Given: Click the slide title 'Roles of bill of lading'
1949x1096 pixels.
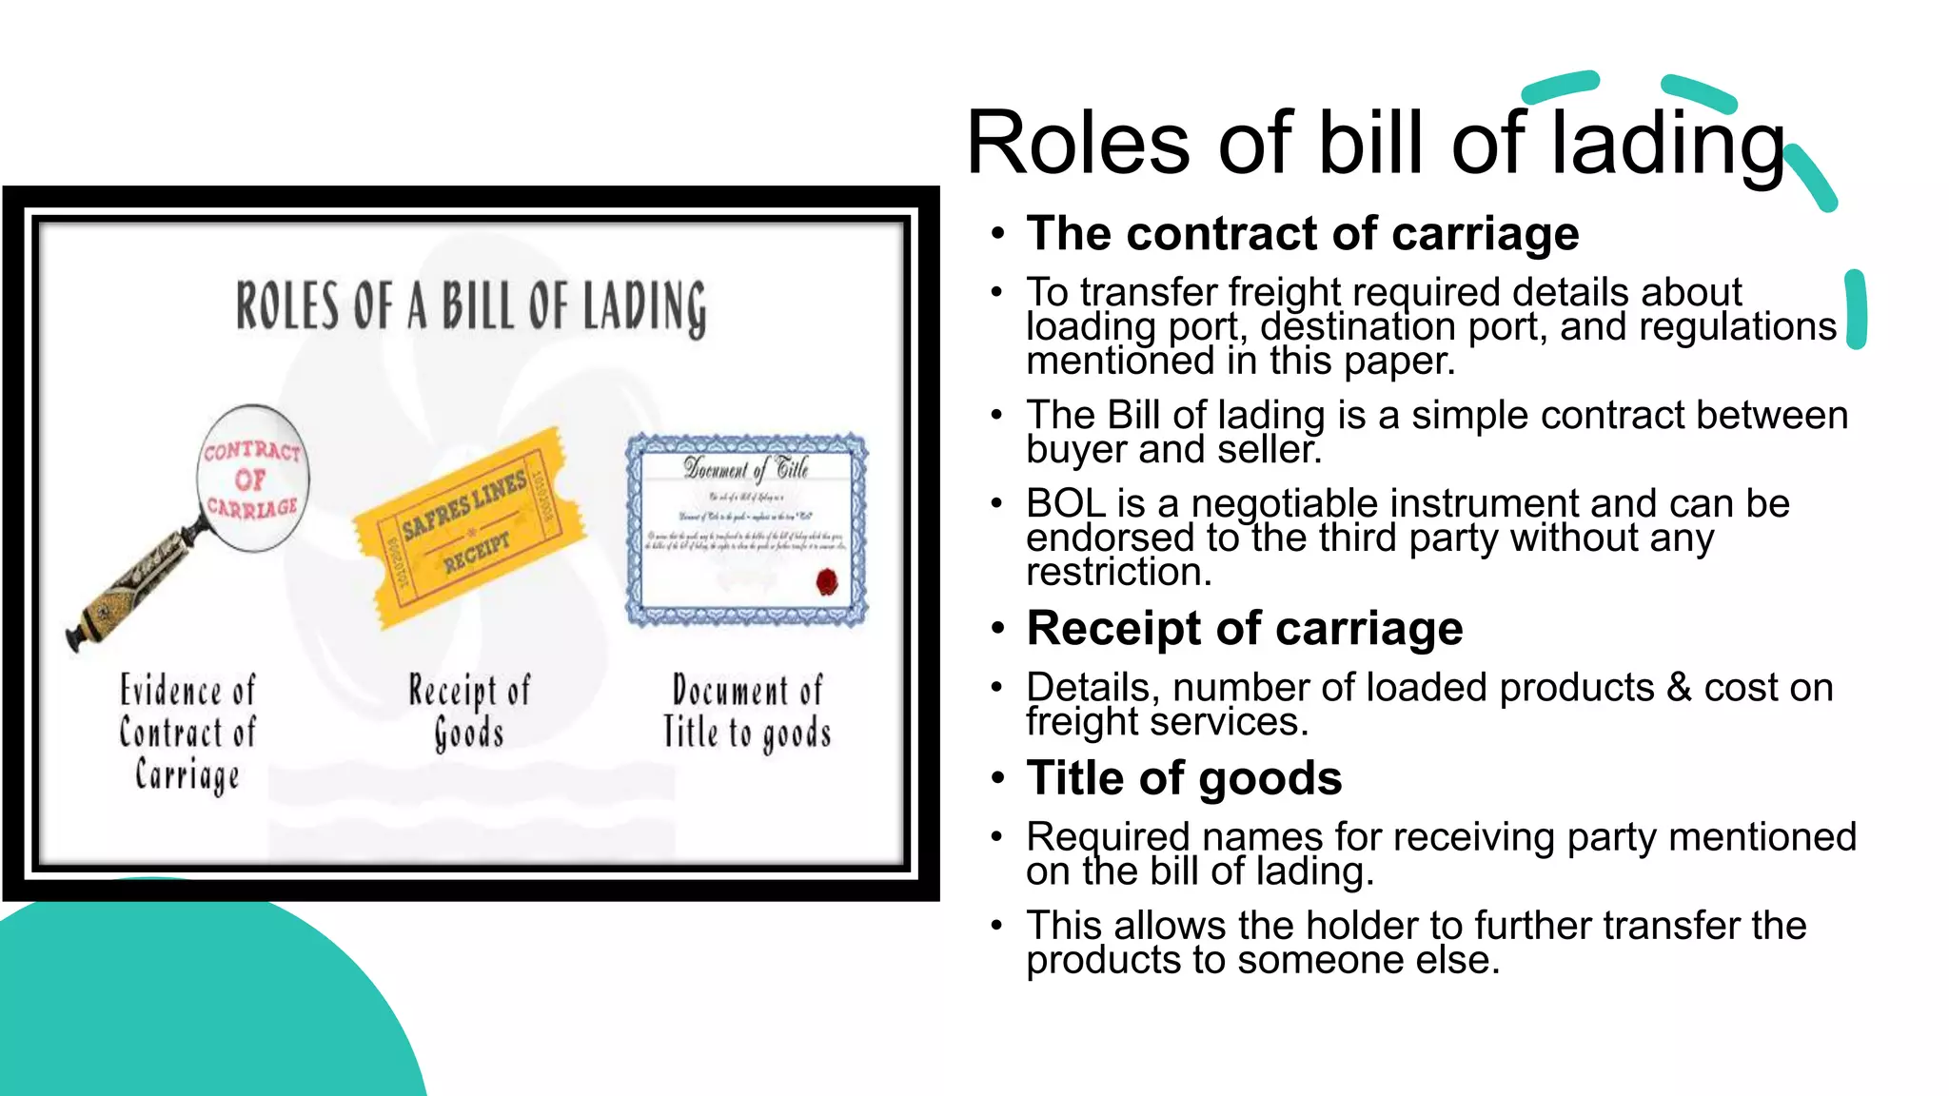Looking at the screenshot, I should (x=1374, y=143).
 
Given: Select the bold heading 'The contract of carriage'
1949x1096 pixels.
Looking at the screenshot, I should (x=1302, y=233).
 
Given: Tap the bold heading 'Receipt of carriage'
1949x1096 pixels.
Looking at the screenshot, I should (x=1244, y=628).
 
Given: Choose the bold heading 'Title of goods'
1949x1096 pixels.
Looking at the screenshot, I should (x=1184, y=777).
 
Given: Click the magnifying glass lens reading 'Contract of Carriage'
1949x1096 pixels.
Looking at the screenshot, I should (x=252, y=479).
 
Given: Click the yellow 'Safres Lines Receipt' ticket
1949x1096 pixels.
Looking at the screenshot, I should (x=468, y=529).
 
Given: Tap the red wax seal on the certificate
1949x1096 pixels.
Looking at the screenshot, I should (x=827, y=580).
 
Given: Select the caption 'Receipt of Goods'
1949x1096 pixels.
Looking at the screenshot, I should (x=469, y=711).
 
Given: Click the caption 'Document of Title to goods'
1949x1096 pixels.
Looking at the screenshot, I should (x=747, y=711).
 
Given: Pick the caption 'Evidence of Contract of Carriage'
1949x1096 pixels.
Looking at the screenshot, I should (x=187, y=732).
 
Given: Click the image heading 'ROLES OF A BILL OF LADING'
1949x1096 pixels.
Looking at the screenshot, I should (x=471, y=306).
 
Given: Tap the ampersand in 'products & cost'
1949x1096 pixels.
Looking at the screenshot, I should (x=1679, y=687).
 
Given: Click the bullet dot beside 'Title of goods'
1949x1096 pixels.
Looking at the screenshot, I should (x=996, y=779).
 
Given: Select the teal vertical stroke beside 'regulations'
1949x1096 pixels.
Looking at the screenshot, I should (x=1855, y=309).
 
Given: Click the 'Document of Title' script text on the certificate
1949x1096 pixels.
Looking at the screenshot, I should (x=746, y=468).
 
